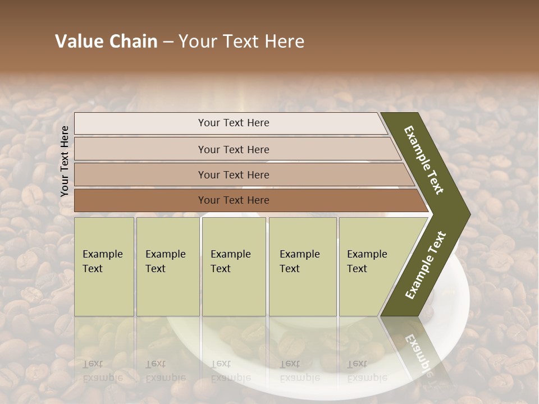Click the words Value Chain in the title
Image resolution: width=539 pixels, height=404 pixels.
[106, 42]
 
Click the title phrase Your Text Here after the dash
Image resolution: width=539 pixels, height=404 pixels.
[241, 42]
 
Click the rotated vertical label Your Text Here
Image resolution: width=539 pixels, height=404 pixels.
[65, 161]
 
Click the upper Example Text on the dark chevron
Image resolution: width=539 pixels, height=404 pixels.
[424, 160]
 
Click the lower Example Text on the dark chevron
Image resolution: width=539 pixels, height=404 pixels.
[426, 265]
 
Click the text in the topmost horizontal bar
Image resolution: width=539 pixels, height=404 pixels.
[234, 123]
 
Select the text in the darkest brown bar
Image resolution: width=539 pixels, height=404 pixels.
[234, 200]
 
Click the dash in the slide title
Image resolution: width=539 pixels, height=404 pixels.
[168, 42]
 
